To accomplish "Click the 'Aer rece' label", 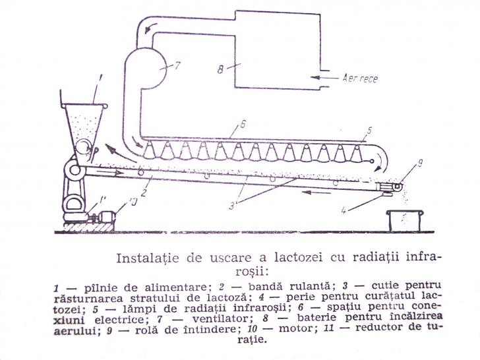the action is [x=360, y=78].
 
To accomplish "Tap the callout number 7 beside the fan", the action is [x=177, y=65].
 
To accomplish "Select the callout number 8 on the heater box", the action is [x=220, y=70].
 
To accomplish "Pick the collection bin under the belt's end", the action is [x=405, y=220].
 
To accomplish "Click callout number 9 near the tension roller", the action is [x=420, y=164].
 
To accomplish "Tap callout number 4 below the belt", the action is [x=344, y=210].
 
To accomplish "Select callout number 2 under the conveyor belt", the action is [x=144, y=193].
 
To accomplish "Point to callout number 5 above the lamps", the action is [x=369, y=131].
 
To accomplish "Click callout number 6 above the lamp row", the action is [x=243, y=125].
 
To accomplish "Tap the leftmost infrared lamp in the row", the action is [x=150, y=150].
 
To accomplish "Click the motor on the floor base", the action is [x=106, y=217].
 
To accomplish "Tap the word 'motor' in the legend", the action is [x=295, y=329].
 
